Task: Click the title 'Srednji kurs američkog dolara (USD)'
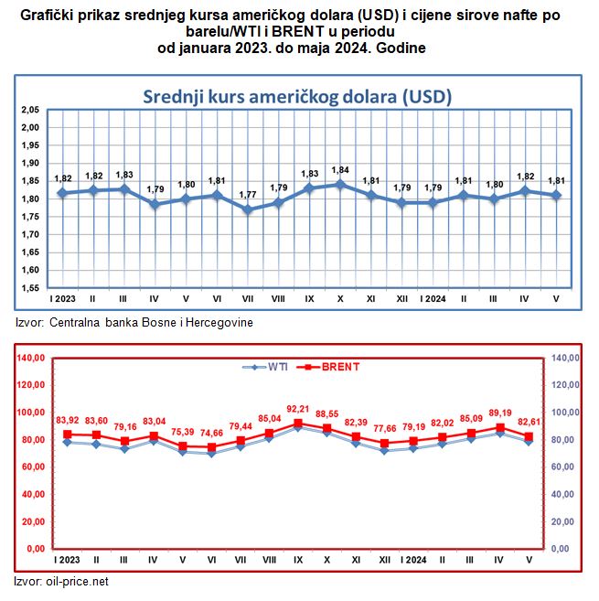[x=299, y=96]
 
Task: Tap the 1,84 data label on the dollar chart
[x=340, y=170]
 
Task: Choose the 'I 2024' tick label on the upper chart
[x=433, y=299]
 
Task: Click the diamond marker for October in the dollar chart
[x=340, y=184]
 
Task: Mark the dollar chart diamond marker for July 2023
[x=247, y=209]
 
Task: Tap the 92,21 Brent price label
[x=298, y=409]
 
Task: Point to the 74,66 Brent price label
[x=211, y=433]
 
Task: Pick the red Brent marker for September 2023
[x=298, y=424]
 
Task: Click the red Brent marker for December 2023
[x=385, y=443]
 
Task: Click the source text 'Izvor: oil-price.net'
[x=62, y=581]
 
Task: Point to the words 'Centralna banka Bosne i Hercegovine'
[x=151, y=322]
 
